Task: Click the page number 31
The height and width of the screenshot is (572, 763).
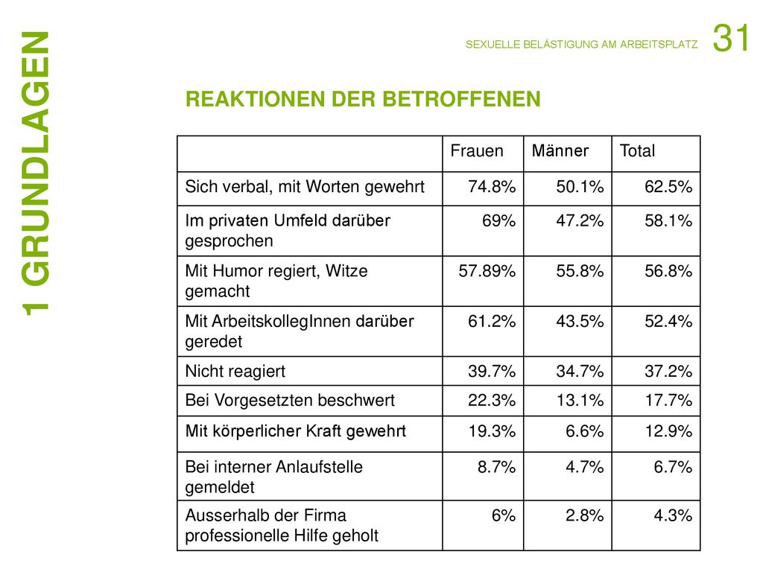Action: pos(730,38)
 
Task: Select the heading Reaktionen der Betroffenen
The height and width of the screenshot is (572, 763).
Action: pos(363,99)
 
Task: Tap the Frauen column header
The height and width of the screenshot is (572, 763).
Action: pos(477,150)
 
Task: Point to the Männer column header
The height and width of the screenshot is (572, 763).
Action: pos(560,150)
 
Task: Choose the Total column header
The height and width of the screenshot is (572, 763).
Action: pos(638,150)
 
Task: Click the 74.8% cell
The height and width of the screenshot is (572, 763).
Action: pos(492,187)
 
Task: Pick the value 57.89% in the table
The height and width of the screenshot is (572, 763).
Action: pos(487,271)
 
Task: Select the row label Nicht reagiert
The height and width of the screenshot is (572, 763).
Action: pos(235,372)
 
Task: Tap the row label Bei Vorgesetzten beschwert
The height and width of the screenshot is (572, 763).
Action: pos(290,400)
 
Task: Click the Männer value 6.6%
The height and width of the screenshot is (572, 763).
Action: pos(584,431)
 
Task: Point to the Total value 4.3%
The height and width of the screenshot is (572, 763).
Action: pos(673,515)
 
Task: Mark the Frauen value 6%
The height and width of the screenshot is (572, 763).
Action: pos(503,515)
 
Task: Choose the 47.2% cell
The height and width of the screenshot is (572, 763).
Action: pos(580,220)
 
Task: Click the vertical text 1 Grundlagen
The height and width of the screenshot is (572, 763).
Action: pos(36,173)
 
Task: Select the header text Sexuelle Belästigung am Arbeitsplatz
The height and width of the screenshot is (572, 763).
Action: pos(581,44)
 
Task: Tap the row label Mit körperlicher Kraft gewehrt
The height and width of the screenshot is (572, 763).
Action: pos(295,431)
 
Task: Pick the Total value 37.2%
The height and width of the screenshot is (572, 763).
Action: pos(668,372)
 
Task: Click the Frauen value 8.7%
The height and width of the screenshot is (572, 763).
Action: pos(496,467)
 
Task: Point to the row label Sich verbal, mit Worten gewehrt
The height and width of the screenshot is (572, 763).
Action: pos(305,187)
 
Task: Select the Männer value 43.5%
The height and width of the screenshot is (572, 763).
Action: pos(580,322)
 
